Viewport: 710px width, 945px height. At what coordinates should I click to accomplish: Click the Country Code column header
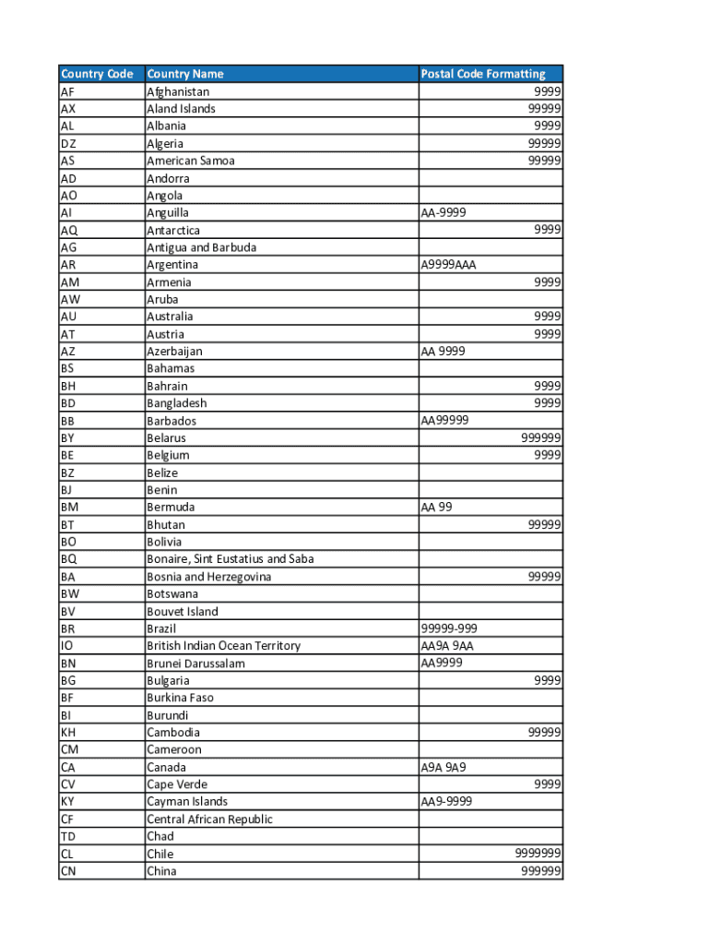[97, 74]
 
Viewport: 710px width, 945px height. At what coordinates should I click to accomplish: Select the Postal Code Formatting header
[483, 74]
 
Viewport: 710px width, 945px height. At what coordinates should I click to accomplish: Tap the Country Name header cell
[185, 74]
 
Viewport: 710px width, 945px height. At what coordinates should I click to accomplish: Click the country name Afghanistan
[178, 91]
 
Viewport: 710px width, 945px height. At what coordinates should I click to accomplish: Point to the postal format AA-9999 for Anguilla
[444, 212]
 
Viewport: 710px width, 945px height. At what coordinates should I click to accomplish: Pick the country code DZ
[69, 143]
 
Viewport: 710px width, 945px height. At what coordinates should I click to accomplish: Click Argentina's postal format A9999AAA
[449, 265]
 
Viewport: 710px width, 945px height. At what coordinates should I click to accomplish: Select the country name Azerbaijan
[174, 351]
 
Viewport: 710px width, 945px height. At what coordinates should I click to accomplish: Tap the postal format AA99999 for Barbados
[445, 420]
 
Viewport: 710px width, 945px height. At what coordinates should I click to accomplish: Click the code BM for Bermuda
[70, 507]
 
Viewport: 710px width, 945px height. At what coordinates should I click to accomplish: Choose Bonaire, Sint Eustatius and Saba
[231, 558]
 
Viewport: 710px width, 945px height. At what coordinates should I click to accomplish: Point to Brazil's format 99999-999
[448, 628]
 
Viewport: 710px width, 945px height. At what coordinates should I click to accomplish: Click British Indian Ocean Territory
[224, 645]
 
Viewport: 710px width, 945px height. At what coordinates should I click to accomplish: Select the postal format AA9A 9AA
[447, 645]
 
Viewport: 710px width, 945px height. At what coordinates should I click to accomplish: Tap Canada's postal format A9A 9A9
[444, 767]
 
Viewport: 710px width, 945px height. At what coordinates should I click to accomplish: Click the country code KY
[68, 801]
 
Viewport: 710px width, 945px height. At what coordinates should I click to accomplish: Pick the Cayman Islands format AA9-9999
[447, 801]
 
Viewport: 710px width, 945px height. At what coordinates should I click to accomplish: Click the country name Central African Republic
[210, 819]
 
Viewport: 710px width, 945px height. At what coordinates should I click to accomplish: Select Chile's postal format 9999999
[538, 854]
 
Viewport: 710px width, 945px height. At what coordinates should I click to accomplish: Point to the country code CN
[68, 870]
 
